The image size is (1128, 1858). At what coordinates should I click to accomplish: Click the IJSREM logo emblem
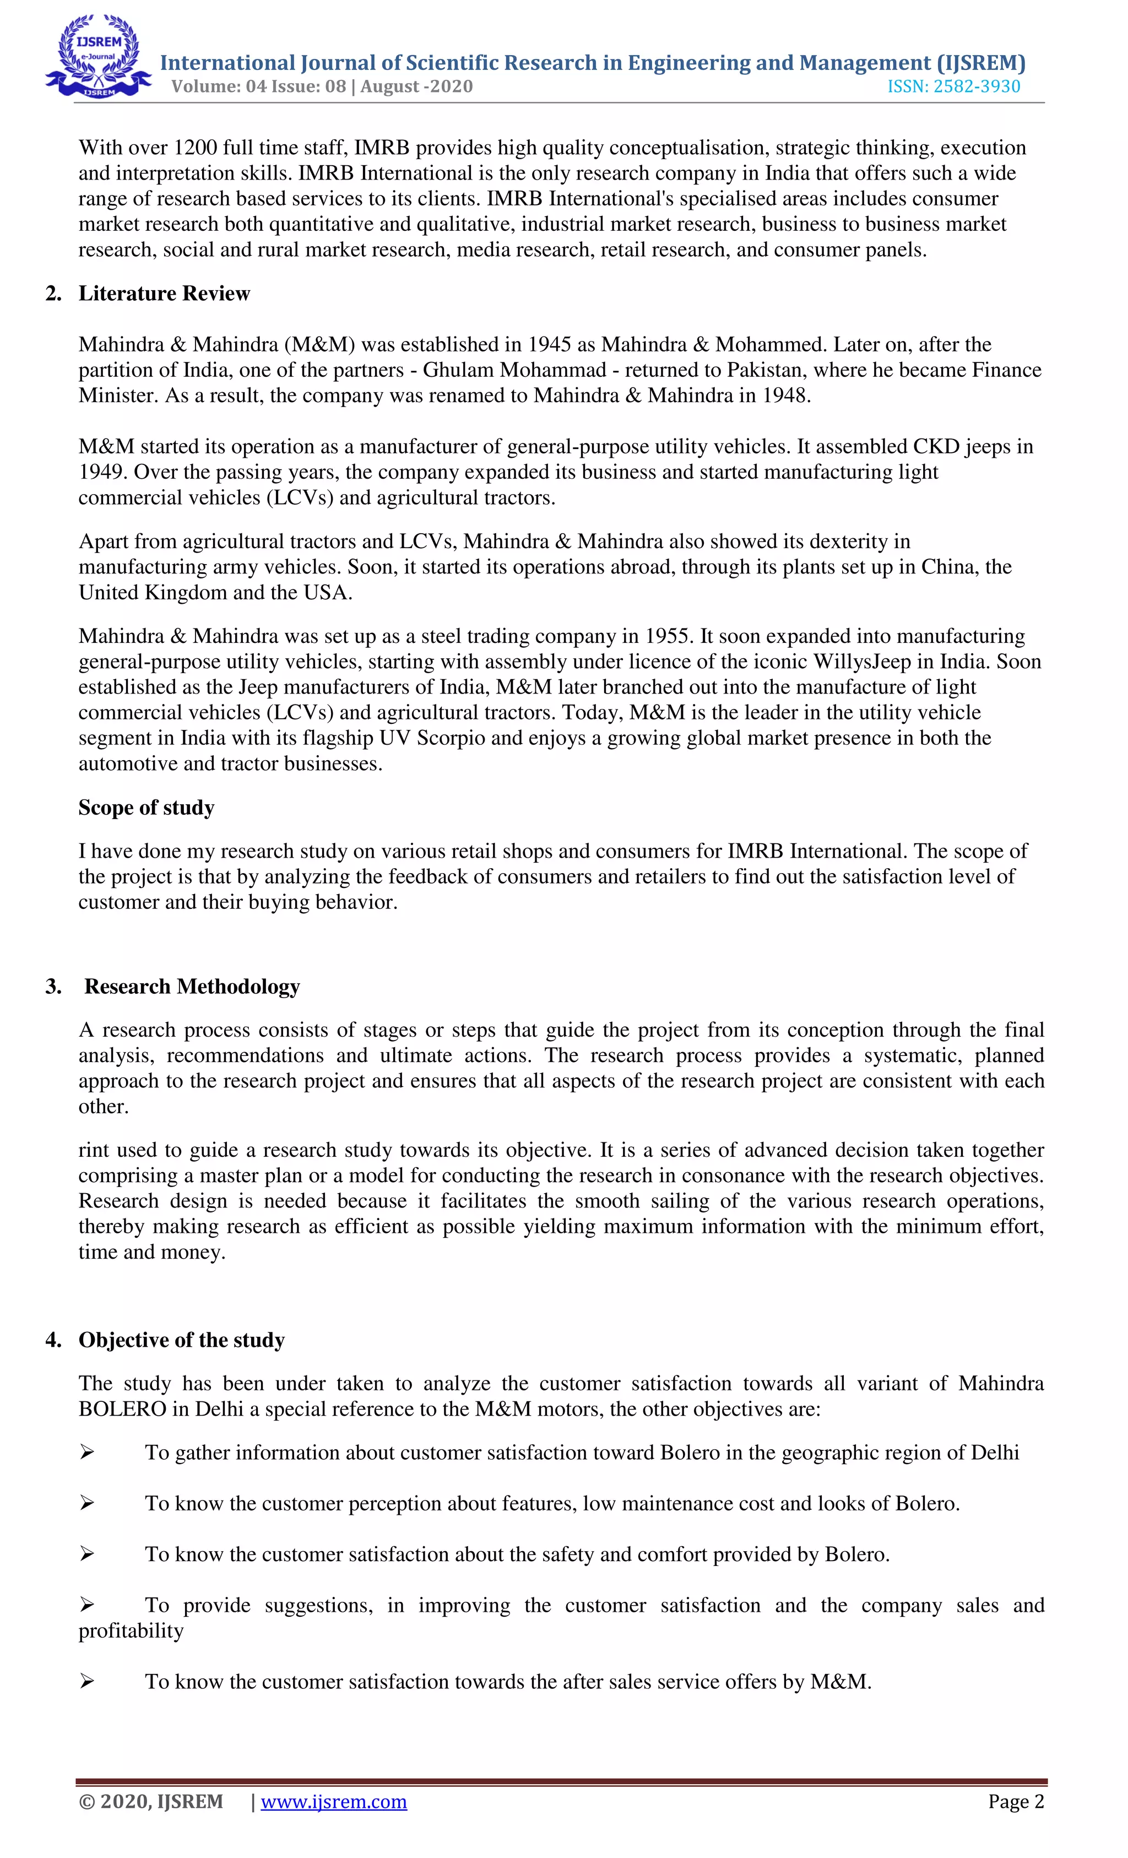click(x=98, y=57)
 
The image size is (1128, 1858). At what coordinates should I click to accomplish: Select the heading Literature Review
click(x=164, y=294)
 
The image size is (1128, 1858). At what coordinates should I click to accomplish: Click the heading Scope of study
click(x=147, y=808)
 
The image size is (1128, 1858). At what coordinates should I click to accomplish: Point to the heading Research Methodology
click(x=192, y=987)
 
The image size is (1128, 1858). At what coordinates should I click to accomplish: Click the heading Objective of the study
click(x=181, y=1340)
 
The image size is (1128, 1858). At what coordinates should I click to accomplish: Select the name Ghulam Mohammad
click(x=514, y=370)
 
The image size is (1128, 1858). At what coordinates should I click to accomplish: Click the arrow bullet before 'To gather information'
click(x=88, y=1453)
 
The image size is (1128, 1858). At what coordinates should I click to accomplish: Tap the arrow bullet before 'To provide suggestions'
click(x=88, y=1605)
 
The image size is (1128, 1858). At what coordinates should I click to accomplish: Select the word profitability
click(x=131, y=1631)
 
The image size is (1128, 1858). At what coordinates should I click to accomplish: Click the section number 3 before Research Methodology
click(x=53, y=987)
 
